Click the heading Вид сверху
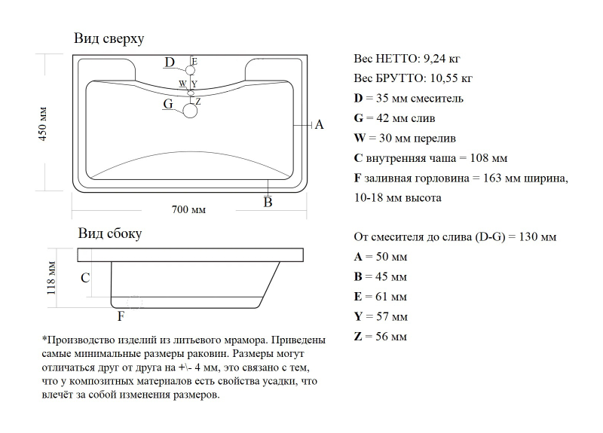109,38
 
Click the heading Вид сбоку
110,233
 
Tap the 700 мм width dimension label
188,209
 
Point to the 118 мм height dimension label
51,278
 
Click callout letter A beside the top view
319,125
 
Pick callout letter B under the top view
268,202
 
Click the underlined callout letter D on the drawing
170,63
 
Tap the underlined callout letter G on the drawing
168,104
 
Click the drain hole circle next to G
190,111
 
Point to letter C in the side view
85,278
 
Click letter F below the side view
121,316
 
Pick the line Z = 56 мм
380,337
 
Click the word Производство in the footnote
79,340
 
